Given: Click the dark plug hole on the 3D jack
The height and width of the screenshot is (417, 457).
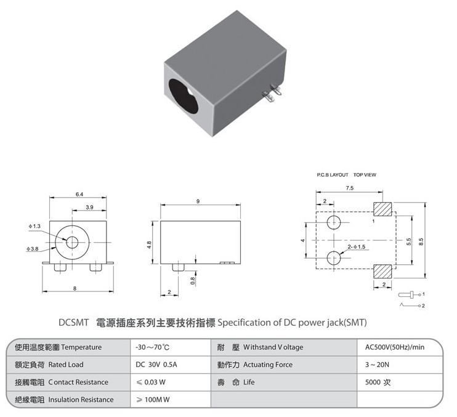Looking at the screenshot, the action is click(184, 96).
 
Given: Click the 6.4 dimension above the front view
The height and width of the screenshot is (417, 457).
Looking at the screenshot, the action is click(79, 195).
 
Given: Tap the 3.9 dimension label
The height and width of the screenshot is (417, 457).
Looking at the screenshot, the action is click(89, 207).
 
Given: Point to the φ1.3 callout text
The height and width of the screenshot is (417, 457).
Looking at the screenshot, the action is click(34, 226).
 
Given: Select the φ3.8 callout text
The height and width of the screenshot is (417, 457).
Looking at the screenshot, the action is click(33, 249).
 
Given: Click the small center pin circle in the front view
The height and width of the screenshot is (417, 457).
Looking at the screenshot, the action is click(72, 242).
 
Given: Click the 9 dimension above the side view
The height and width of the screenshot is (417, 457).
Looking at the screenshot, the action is click(198, 201).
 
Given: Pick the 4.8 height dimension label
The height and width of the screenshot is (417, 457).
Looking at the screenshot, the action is click(149, 245).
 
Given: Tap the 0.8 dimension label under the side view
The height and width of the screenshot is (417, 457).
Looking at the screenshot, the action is click(192, 281).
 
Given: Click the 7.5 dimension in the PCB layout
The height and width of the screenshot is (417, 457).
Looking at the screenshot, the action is click(349, 188).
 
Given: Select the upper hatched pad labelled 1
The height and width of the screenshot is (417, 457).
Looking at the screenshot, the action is click(382, 209).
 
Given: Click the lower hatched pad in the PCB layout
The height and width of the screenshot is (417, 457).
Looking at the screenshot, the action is click(382, 272).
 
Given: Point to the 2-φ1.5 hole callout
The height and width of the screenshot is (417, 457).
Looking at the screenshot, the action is click(357, 247).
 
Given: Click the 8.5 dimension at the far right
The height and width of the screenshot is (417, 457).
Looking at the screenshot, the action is click(421, 241).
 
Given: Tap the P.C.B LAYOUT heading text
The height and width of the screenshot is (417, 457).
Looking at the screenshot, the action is click(333, 175).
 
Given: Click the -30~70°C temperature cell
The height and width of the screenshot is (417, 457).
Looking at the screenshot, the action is click(152, 347).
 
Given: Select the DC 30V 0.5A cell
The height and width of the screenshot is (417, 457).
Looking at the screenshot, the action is click(156, 365).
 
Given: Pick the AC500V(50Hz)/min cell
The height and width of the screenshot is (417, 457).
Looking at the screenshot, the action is click(395, 347).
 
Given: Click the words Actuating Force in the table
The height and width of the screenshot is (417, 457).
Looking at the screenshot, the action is click(267, 365).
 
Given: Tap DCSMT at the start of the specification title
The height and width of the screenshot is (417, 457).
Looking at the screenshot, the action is click(73, 323).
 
